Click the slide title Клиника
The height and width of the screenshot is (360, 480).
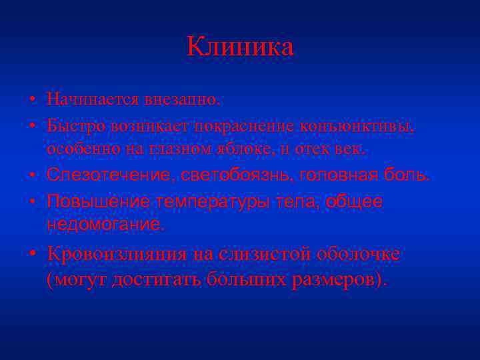tap(240, 47)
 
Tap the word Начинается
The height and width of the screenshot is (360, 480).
tap(84, 100)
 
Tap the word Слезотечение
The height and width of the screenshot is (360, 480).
tap(107, 175)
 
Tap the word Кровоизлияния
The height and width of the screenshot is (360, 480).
tap(117, 254)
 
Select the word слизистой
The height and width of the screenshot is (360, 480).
tap(247, 254)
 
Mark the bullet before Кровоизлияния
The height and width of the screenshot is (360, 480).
tap(32, 255)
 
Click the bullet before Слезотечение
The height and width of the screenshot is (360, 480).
tap(32, 175)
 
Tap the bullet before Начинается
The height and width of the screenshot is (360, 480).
tap(32, 101)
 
